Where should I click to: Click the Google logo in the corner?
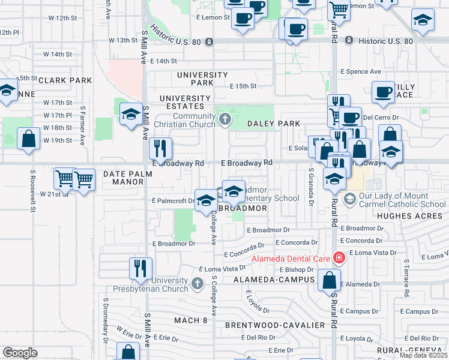pyautogui.click(x=20, y=353)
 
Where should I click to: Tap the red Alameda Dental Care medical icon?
pyautogui.click(x=339, y=258)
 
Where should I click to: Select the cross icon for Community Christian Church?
pyautogui.click(x=225, y=119)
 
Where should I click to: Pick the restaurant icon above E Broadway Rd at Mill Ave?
pyautogui.click(x=160, y=148)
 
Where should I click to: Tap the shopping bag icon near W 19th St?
pyautogui.click(x=29, y=139)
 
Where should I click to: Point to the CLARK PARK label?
pyautogui.click(x=65, y=80)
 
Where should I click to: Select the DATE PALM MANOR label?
pyautogui.click(x=128, y=178)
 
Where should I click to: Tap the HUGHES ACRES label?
pyautogui.click(x=405, y=214)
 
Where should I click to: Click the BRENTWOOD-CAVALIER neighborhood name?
pyautogui.click(x=275, y=325)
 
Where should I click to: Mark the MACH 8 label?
pyautogui.click(x=190, y=320)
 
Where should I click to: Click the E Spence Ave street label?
pyautogui.click(x=361, y=71)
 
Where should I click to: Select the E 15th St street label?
pyautogui.click(x=244, y=86)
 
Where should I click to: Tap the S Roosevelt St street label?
pyautogui.click(x=33, y=190)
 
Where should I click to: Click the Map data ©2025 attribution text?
pyautogui.click(x=423, y=355)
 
